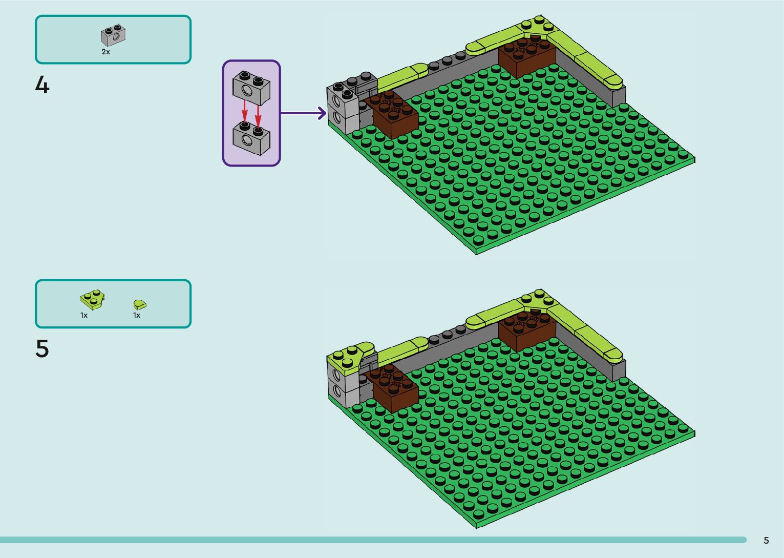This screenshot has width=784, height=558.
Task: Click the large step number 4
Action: [x=42, y=85]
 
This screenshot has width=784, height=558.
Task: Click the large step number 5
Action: [x=42, y=349]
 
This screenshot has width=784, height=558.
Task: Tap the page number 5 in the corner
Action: [x=766, y=541]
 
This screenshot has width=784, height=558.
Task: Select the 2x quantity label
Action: [x=105, y=52]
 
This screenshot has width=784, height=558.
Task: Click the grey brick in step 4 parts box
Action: [x=113, y=35]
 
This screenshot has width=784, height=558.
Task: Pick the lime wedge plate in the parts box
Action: [x=92, y=299]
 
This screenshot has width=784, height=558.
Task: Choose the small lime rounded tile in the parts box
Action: [x=139, y=304]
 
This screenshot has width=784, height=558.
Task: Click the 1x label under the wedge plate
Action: [x=84, y=316]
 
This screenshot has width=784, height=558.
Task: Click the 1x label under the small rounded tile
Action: [x=137, y=316]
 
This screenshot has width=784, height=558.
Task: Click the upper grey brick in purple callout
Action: [x=251, y=87]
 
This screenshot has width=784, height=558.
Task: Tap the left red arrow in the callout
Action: [x=245, y=111]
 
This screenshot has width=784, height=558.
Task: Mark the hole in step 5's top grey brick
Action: [x=336, y=375]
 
